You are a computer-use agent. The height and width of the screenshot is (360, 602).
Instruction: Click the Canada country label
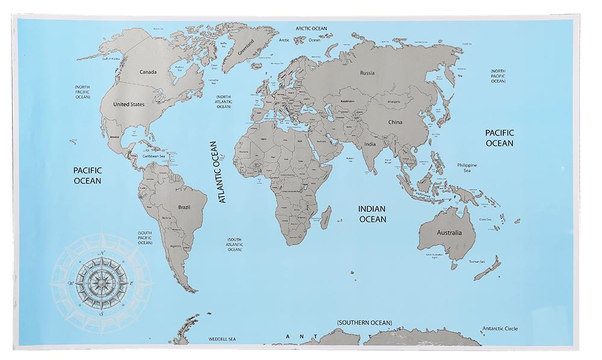148,72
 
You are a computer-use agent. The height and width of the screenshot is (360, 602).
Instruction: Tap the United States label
129,104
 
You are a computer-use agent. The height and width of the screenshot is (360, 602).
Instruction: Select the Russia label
367,73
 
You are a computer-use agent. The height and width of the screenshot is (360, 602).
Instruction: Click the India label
370,144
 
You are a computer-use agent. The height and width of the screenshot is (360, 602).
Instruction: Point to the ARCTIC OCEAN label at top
311,28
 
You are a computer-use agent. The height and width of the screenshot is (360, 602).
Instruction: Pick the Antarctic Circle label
499,329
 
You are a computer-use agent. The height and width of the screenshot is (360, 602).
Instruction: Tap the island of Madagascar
326,216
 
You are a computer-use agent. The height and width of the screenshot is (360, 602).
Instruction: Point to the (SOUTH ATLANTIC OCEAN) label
234,244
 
